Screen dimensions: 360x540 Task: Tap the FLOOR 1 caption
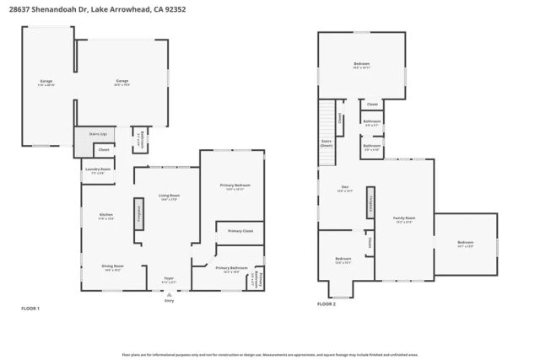[x=30, y=309]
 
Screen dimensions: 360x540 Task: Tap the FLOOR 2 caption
[x=327, y=304]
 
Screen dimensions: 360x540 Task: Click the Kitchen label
[x=106, y=215]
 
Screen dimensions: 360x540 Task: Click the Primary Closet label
[x=240, y=230]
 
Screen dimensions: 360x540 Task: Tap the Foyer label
[x=169, y=280]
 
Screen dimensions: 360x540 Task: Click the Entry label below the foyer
[x=169, y=300]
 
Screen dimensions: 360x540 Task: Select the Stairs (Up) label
[x=98, y=134]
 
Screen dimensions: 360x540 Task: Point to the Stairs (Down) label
[x=327, y=144]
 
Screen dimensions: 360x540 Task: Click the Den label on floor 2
[x=345, y=190]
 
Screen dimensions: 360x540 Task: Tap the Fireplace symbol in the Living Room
[x=139, y=213]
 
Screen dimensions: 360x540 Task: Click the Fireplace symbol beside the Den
[x=370, y=205]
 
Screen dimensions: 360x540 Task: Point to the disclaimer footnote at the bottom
[x=270, y=355]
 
